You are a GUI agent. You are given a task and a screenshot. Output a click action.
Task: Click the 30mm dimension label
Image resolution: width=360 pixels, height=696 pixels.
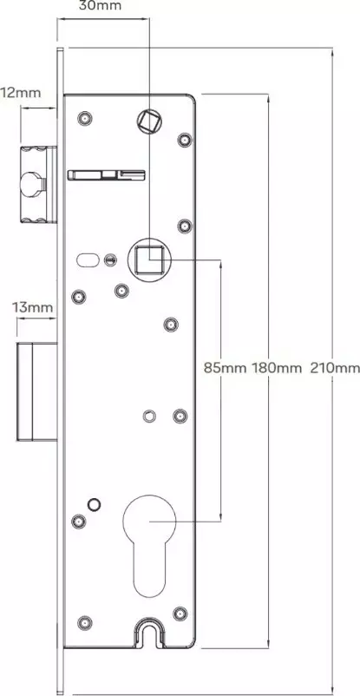pos(100,6)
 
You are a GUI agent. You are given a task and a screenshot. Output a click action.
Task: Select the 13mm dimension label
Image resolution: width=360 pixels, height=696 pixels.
pos(32,307)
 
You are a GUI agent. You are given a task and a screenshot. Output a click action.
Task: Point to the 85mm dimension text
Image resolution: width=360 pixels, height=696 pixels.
pos(225,368)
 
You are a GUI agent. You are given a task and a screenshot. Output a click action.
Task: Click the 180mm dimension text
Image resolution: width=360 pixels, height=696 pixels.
pos(277,368)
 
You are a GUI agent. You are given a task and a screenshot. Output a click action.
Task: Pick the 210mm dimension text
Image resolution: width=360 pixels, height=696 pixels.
pos(335,368)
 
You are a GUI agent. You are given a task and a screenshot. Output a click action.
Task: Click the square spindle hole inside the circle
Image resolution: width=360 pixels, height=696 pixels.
pos(149,259)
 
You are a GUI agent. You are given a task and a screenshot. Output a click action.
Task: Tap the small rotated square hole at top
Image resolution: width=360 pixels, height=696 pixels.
pos(149,121)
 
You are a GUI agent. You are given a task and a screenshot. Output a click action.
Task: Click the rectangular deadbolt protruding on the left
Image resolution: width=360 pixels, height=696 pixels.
pos(36,391)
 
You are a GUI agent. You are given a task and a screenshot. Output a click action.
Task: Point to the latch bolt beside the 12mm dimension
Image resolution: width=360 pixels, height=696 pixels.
pos(38,184)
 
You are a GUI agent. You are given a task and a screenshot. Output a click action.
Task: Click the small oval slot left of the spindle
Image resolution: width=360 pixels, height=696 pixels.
pos(88,259)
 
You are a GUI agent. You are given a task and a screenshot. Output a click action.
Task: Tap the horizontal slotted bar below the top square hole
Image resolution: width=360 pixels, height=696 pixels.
pos(106,174)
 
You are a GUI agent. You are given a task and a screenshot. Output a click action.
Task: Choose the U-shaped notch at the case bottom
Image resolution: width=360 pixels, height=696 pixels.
pos(148,631)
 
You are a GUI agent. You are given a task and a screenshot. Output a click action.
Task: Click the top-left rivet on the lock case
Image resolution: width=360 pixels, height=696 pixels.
pos(84,119)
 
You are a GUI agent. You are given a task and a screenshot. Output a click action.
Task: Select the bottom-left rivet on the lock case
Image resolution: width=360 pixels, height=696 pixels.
pos(85,623)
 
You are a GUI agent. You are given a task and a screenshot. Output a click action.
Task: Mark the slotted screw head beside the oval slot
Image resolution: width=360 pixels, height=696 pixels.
pos(109,259)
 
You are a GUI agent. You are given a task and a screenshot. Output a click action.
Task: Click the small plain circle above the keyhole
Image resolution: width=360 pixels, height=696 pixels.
pos(94,504)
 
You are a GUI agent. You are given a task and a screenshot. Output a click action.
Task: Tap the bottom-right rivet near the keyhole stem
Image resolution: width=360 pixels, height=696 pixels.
pos(180,614)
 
